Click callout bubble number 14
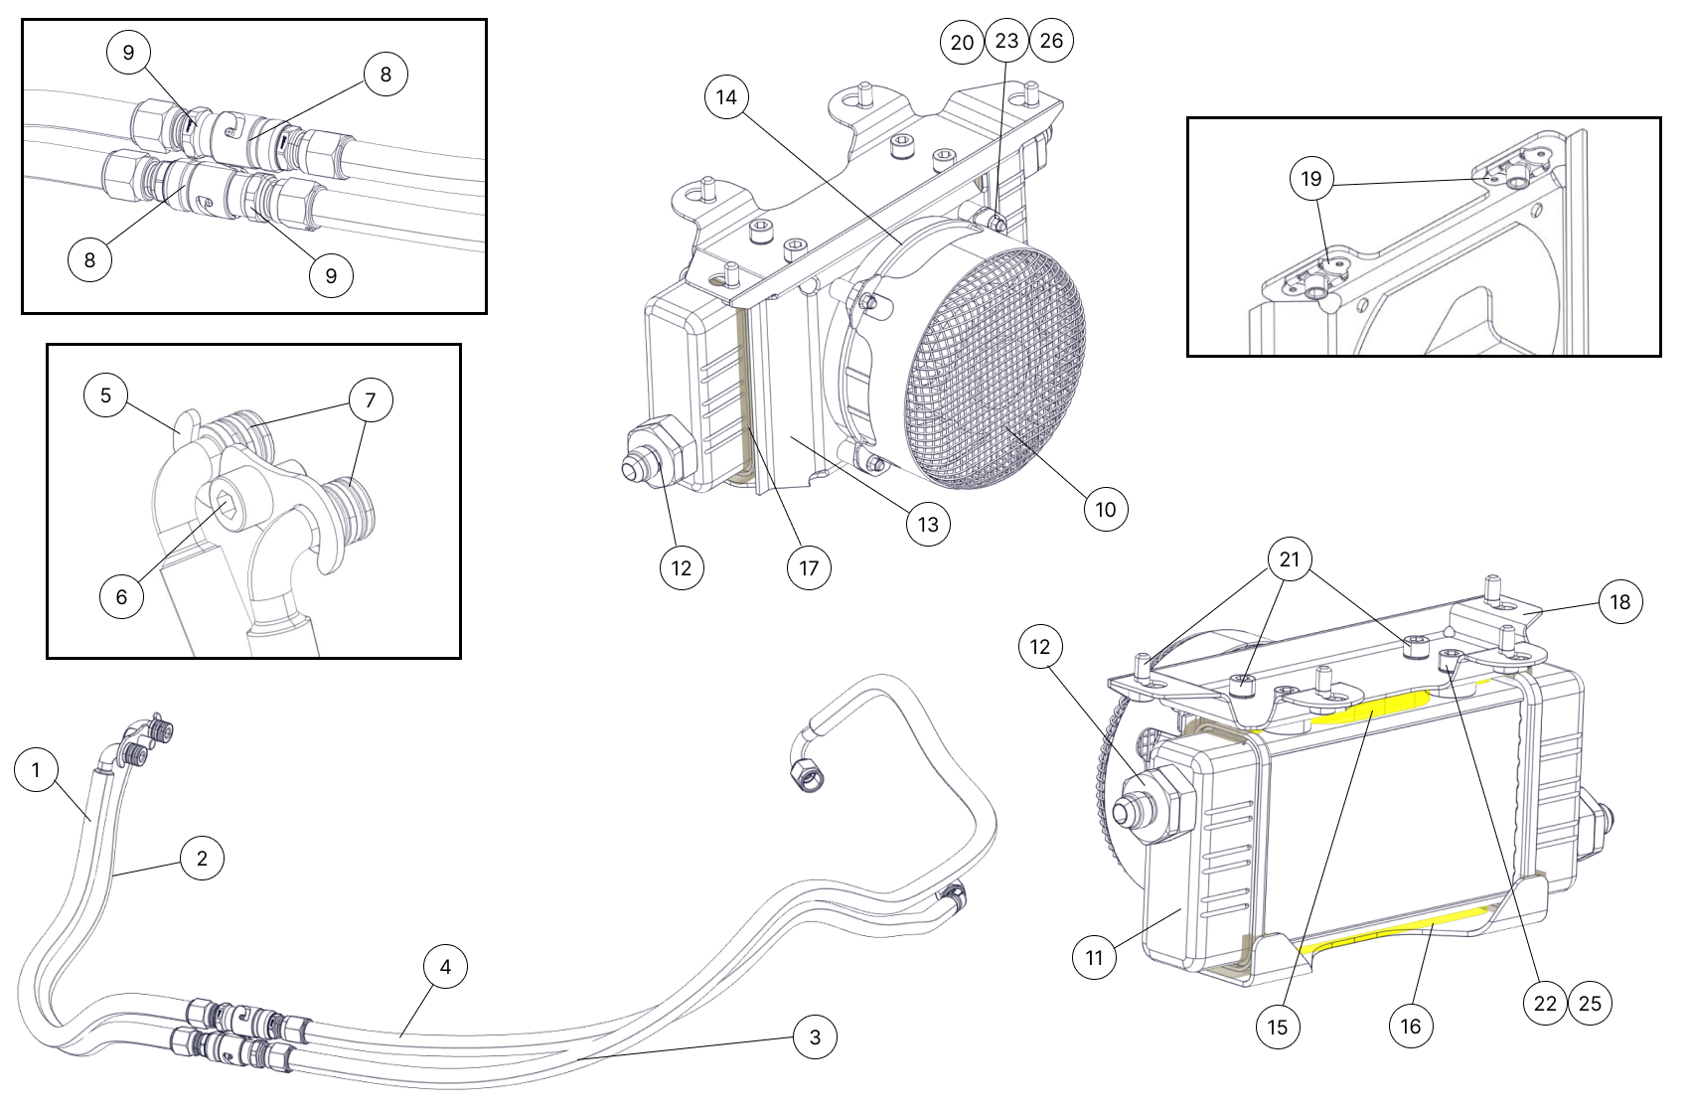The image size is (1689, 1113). pyautogui.click(x=726, y=97)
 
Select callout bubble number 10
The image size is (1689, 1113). pyautogui.click(x=1106, y=510)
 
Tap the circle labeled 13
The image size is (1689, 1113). pyautogui.click(x=928, y=524)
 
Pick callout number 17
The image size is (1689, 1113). pyautogui.click(x=809, y=567)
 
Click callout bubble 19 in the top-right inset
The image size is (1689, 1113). pyautogui.click(x=1311, y=179)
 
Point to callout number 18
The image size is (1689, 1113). pyautogui.click(x=1620, y=602)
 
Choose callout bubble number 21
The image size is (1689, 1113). pyautogui.click(x=1290, y=560)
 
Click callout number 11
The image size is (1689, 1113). pyautogui.click(x=1094, y=958)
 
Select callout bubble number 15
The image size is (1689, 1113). pyautogui.click(x=1278, y=1027)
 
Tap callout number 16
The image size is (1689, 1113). pyautogui.click(x=1411, y=1026)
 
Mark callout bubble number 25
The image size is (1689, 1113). pyautogui.click(x=1591, y=1004)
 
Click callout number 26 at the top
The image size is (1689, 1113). pyautogui.click(x=1051, y=41)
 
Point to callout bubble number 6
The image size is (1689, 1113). pyautogui.click(x=121, y=596)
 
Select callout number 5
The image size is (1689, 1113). pyautogui.click(x=105, y=396)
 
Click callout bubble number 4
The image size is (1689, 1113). pyautogui.click(x=445, y=966)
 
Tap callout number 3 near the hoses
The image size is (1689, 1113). pyautogui.click(x=816, y=1037)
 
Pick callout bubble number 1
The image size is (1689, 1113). pyautogui.click(x=37, y=770)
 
